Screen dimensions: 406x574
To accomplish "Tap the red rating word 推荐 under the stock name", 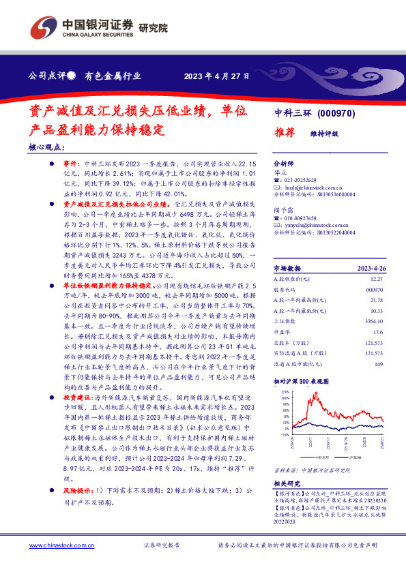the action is pyautogui.click(x=285, y=134).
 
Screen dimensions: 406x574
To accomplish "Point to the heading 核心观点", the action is pyautogui.click(x=47, y=147).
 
